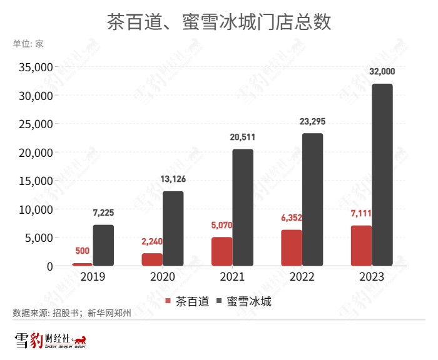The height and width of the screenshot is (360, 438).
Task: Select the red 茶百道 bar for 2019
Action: click(x=82, y=264)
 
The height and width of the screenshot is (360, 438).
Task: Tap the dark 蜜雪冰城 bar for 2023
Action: click(x=382, y=175)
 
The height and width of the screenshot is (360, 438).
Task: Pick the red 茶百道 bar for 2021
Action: click(x=222, y=251)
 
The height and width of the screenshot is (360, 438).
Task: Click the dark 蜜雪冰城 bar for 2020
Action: click(x=173, y=228)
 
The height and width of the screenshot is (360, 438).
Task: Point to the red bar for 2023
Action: click(x=361, y=246)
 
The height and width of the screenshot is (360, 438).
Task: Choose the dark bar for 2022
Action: click(x=313, y=199)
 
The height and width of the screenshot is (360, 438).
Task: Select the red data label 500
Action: click(x=82, y=251)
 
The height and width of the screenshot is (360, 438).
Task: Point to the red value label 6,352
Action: click(x=292, y=218)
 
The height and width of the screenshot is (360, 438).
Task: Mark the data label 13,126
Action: click(x=173, y=179)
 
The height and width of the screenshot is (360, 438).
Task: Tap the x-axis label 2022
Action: click(x=302, y=276)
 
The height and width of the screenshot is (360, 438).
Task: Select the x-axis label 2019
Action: click(x=93, y=276)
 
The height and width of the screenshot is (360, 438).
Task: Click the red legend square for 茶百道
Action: click(x=168, y=301)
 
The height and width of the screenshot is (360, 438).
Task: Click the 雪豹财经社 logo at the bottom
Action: click(x=50, y=341)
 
